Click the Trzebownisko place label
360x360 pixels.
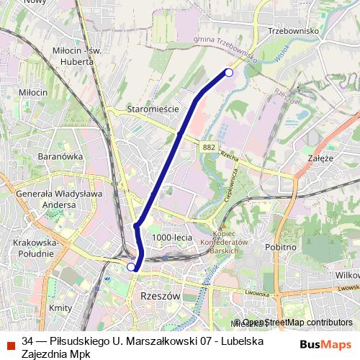point(293,31)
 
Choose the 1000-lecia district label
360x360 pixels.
point(172,237)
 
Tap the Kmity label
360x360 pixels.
point(60,307)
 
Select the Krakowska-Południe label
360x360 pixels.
point(34,248)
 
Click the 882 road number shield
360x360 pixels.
point(209,147)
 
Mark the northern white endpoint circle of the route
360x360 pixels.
point(229,72)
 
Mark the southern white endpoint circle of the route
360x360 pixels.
point(131,267)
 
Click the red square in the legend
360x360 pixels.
point(11,346)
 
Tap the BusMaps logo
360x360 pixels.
point(325,344)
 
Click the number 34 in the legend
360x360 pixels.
point(27,340)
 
